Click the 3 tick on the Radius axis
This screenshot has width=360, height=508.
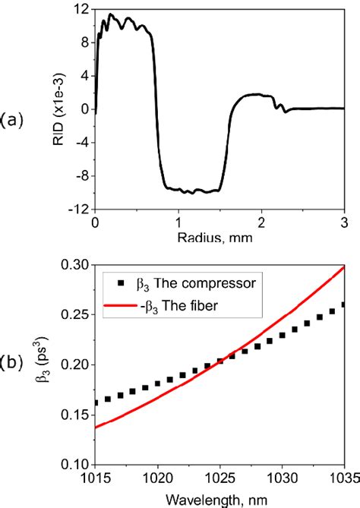(x=343, y=222)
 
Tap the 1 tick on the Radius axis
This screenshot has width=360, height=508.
(x=177, y=222)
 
